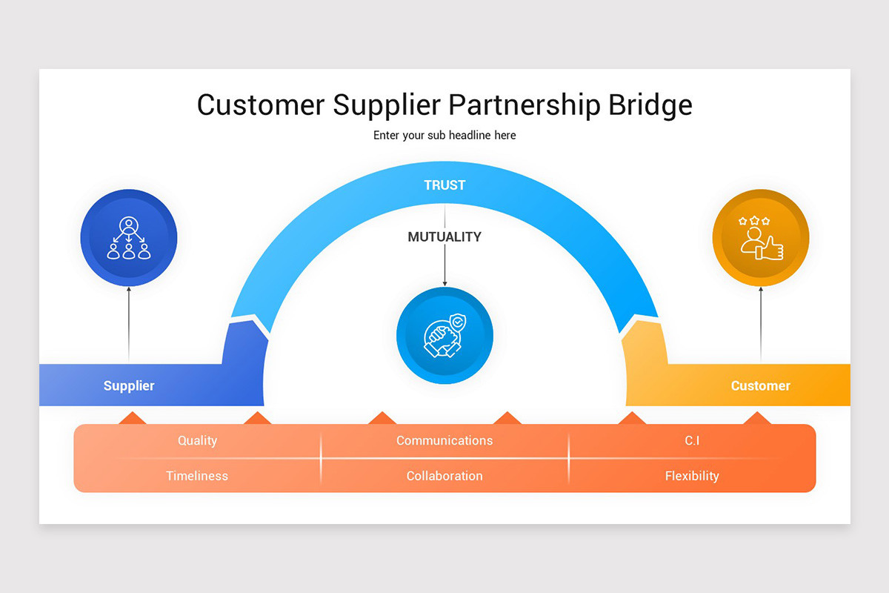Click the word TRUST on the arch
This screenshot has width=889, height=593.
pyautogui.click(x=444, y=185)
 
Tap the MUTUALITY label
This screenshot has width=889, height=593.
pyautogui.click(x=444, y=236)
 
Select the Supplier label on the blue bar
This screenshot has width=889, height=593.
pyautogui.click(x=129, y=385)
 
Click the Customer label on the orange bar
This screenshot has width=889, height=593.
pyautogui.click(x=760, y=385)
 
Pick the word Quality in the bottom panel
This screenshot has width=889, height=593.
pyautogui.click(x=197, y=440)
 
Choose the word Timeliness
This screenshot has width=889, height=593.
pyautogui.click(x=197, y=476)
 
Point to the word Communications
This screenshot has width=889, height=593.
pyautogui.click(x=444, y=440)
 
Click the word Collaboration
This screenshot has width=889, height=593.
pyautogui.click(x=444, y=476)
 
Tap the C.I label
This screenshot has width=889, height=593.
pyautogui.click(x=692, y=440)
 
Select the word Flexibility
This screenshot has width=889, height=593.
pyautogui.click(x=692, y=476)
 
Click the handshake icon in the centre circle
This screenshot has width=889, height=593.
pyautogui.click(x=444, y=336)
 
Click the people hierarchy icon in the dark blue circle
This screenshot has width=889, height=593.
pyautogui.click(x=129, y=238)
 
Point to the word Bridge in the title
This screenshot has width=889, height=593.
pyautogui.click(x=650, y=105)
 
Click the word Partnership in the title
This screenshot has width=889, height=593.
pyautogui.click(x=525, y=105)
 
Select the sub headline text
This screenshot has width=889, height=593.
pyautogui.click(x=444, y=136)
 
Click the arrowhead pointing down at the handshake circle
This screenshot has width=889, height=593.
pyautogui.click(x=444, y=283)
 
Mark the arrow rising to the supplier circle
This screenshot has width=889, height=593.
pyautogui.click(x=129, y=324)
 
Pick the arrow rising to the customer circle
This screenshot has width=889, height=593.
pyautogui.click(x=761, y=324)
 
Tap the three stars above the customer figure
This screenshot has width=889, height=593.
pyautogui.click(x=754, y=221)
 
